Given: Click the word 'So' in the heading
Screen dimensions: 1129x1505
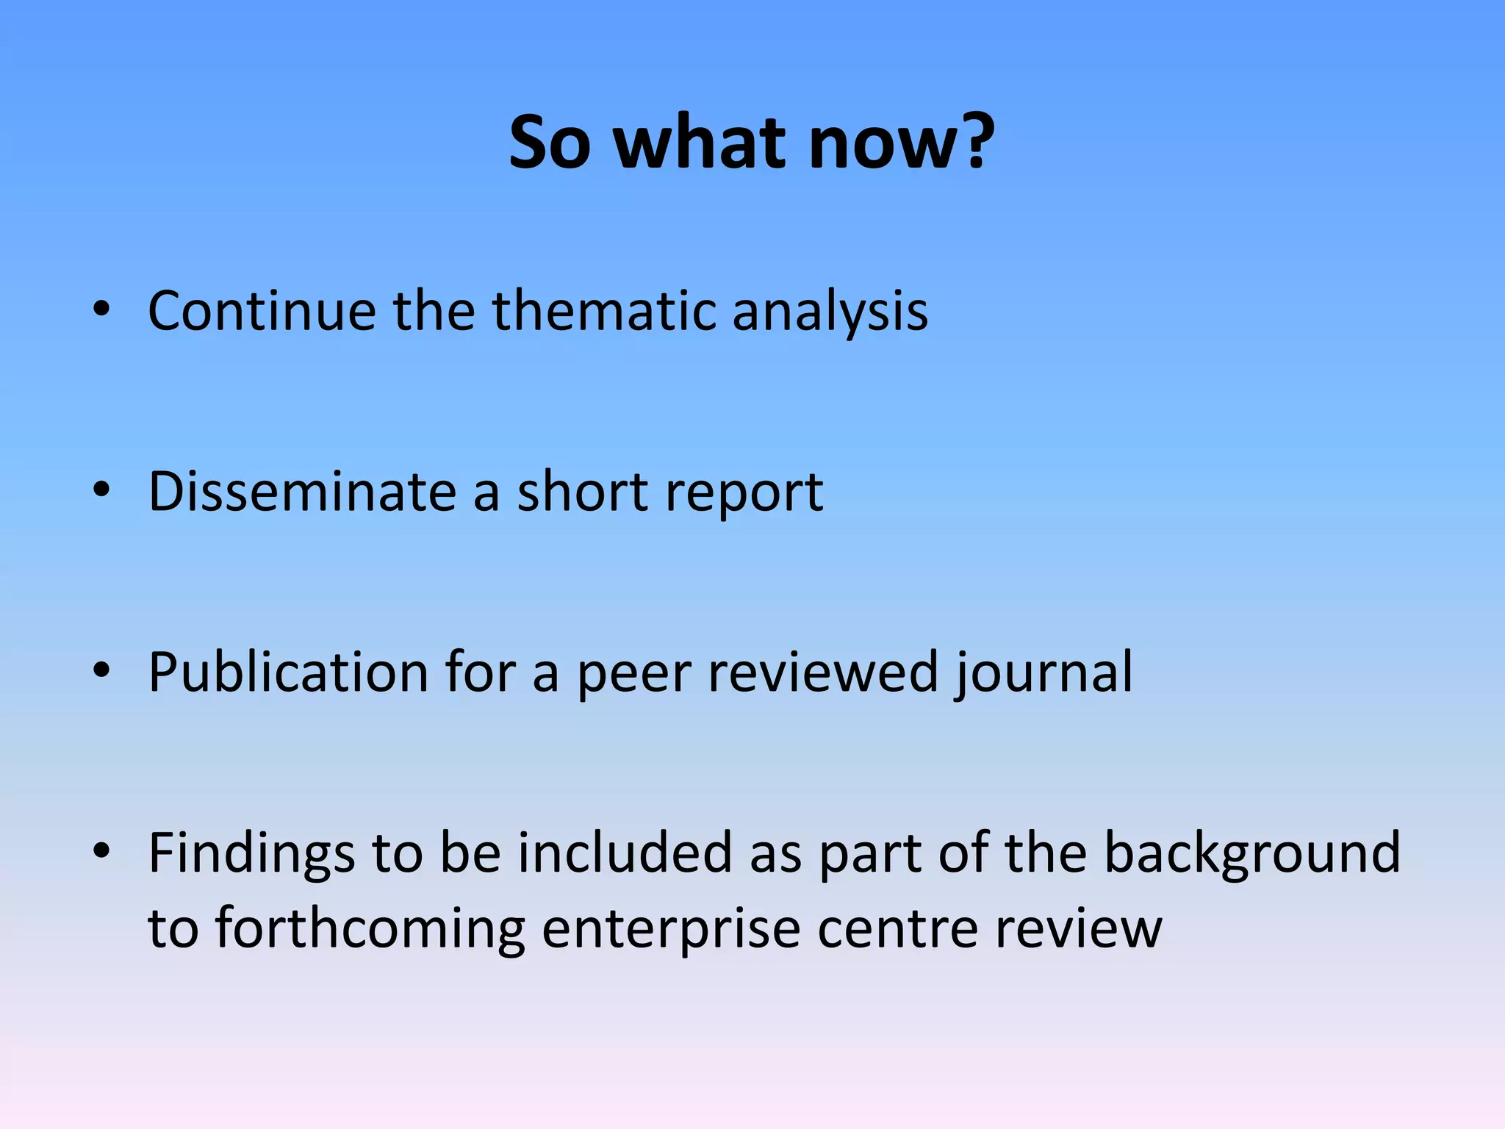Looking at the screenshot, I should pos(550,142).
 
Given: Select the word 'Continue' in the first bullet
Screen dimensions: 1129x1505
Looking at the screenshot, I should pos(262,311).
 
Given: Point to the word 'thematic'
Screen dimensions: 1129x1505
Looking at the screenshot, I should pos(603,311).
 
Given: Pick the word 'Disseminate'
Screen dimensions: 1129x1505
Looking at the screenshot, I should pos(302,491).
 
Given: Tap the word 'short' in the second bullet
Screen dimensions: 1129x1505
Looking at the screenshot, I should pos(581,491).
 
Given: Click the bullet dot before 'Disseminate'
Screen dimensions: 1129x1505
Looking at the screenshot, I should pos(101,490).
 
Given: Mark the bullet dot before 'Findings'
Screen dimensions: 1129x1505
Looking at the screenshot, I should pos(101,850).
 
